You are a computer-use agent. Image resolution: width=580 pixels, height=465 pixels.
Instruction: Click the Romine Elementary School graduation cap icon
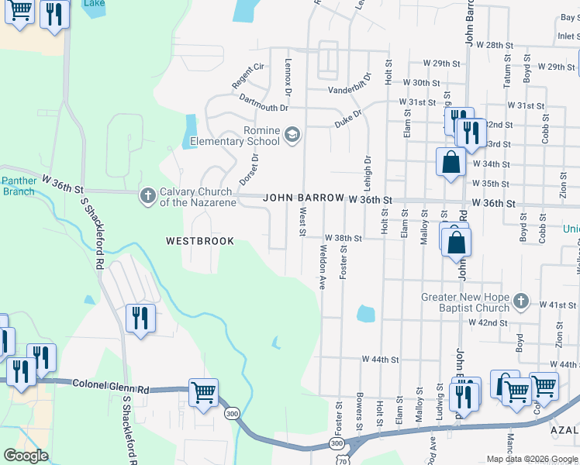pyautogui.click(x=292, y=136)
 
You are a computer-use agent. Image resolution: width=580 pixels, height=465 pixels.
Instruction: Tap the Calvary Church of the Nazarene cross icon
pyautogui.click(x=147, y=196)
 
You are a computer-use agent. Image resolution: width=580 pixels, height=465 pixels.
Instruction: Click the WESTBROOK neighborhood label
pyautogui.click(x=200, y=241)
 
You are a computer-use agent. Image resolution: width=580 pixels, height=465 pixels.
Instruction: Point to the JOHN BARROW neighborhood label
pyautogui.click(x=302, y=198)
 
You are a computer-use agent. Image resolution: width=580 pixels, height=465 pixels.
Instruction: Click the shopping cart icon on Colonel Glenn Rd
pyautogui.click(x=203, y=393)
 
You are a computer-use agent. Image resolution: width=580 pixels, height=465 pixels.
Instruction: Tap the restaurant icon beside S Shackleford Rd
pyautogui.click(x=140, y=318)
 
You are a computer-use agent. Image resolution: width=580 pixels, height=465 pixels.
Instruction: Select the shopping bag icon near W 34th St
pyautogui.click(x=451, y=162)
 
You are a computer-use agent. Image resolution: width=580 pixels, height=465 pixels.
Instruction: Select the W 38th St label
pyautogui.click(x=344, y=238)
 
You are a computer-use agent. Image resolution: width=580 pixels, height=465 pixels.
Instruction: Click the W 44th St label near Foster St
pyautogui.click(x=380, y=360)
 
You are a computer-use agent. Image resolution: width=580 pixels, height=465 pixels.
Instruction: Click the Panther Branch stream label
pyautogui.click(x=18, y=186)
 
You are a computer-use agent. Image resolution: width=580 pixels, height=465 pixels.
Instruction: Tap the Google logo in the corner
pyautogui.click(x=26, y=456)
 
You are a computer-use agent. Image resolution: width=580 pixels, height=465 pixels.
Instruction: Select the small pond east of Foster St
pyautogui.click(x=365, y=314)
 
